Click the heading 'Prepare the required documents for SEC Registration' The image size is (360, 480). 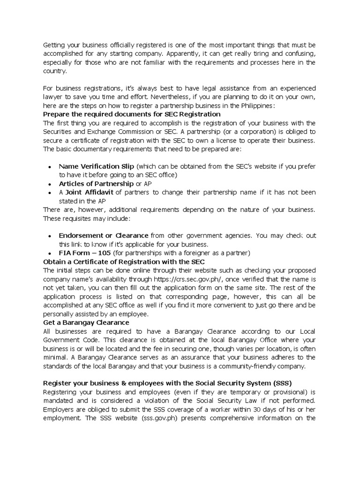pyautogui.click(x=132, y=114)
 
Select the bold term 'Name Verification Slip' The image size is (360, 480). pyautogui.click(x=96, y=166)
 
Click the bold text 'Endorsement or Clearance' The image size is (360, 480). pyautogui.click(x=103, y=235)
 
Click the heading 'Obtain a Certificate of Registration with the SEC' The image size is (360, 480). pyautogui.click(x=124, y=262)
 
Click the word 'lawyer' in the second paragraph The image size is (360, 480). pyautogui.click(x=53, y=97)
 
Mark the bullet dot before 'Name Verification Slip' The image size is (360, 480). pyautogui.click(x=50, y=167)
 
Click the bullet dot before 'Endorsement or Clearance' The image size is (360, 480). pyautogui.click(x=50, y=236)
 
